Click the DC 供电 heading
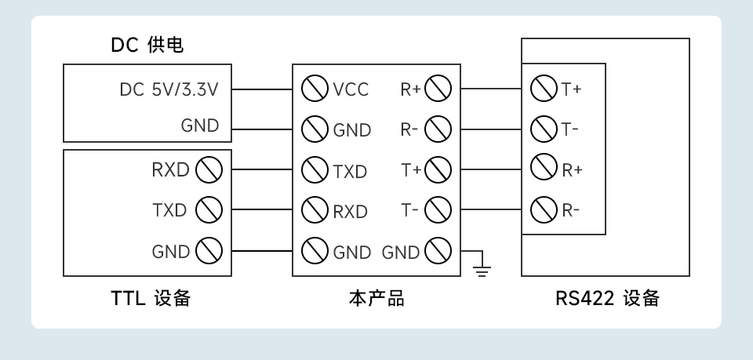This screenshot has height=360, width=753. (147, 45)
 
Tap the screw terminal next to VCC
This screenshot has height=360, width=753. (315, 89)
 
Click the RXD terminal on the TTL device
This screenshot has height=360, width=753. (209, 169)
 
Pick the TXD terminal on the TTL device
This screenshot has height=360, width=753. (209, 210)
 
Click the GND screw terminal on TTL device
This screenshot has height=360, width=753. (209, 251)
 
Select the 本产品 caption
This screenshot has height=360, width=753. (376, 299)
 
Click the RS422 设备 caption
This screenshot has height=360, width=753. (607, 299)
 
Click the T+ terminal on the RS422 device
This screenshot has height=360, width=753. (544, 89)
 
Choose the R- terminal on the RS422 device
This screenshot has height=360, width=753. (544, 209)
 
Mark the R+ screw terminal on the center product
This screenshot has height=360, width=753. (438, 89)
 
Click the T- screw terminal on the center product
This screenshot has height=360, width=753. (438, 210)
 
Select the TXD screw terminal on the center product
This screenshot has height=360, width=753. (315, 169)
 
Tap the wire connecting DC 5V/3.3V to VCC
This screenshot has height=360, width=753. (262, 89)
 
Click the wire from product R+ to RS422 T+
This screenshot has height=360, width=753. (491, 89)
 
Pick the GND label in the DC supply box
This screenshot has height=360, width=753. (200, 125)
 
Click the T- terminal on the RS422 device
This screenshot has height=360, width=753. (544, 128)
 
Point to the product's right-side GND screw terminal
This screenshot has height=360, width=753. (438, 251)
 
